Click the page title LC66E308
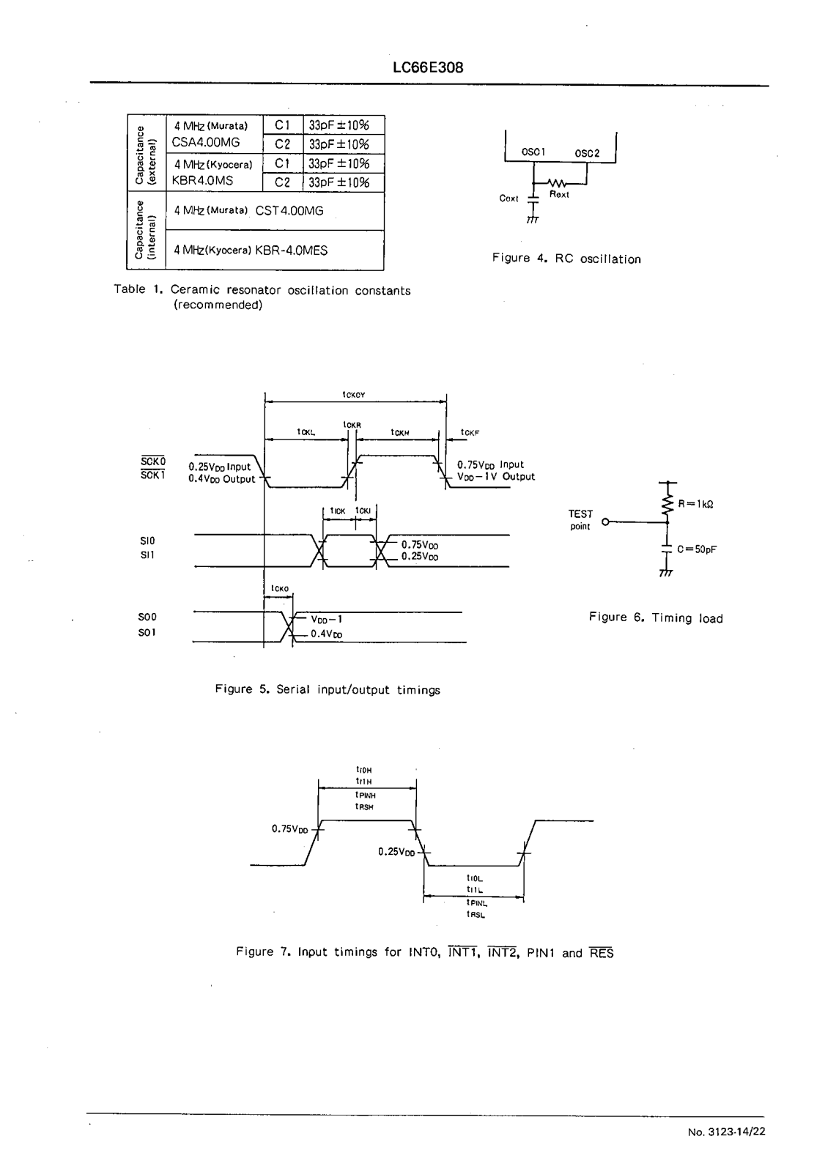point(428,68)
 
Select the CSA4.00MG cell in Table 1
point(206,142)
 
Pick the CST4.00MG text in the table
point(289,211)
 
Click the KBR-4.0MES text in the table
point(291,251)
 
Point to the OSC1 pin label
point(532,152)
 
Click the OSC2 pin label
point(587,153)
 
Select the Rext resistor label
point(559,195)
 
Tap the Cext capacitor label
point(508,199)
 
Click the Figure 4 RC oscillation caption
point(566,259)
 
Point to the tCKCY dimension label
point(353,395)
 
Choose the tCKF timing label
point(470,433)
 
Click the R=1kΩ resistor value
point(695,504)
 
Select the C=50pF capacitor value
point(697,549)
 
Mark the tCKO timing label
point(279,588)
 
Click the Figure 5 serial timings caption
point(328,690)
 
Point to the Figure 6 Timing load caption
point(656,618)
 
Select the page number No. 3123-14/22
point(727,1132)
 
